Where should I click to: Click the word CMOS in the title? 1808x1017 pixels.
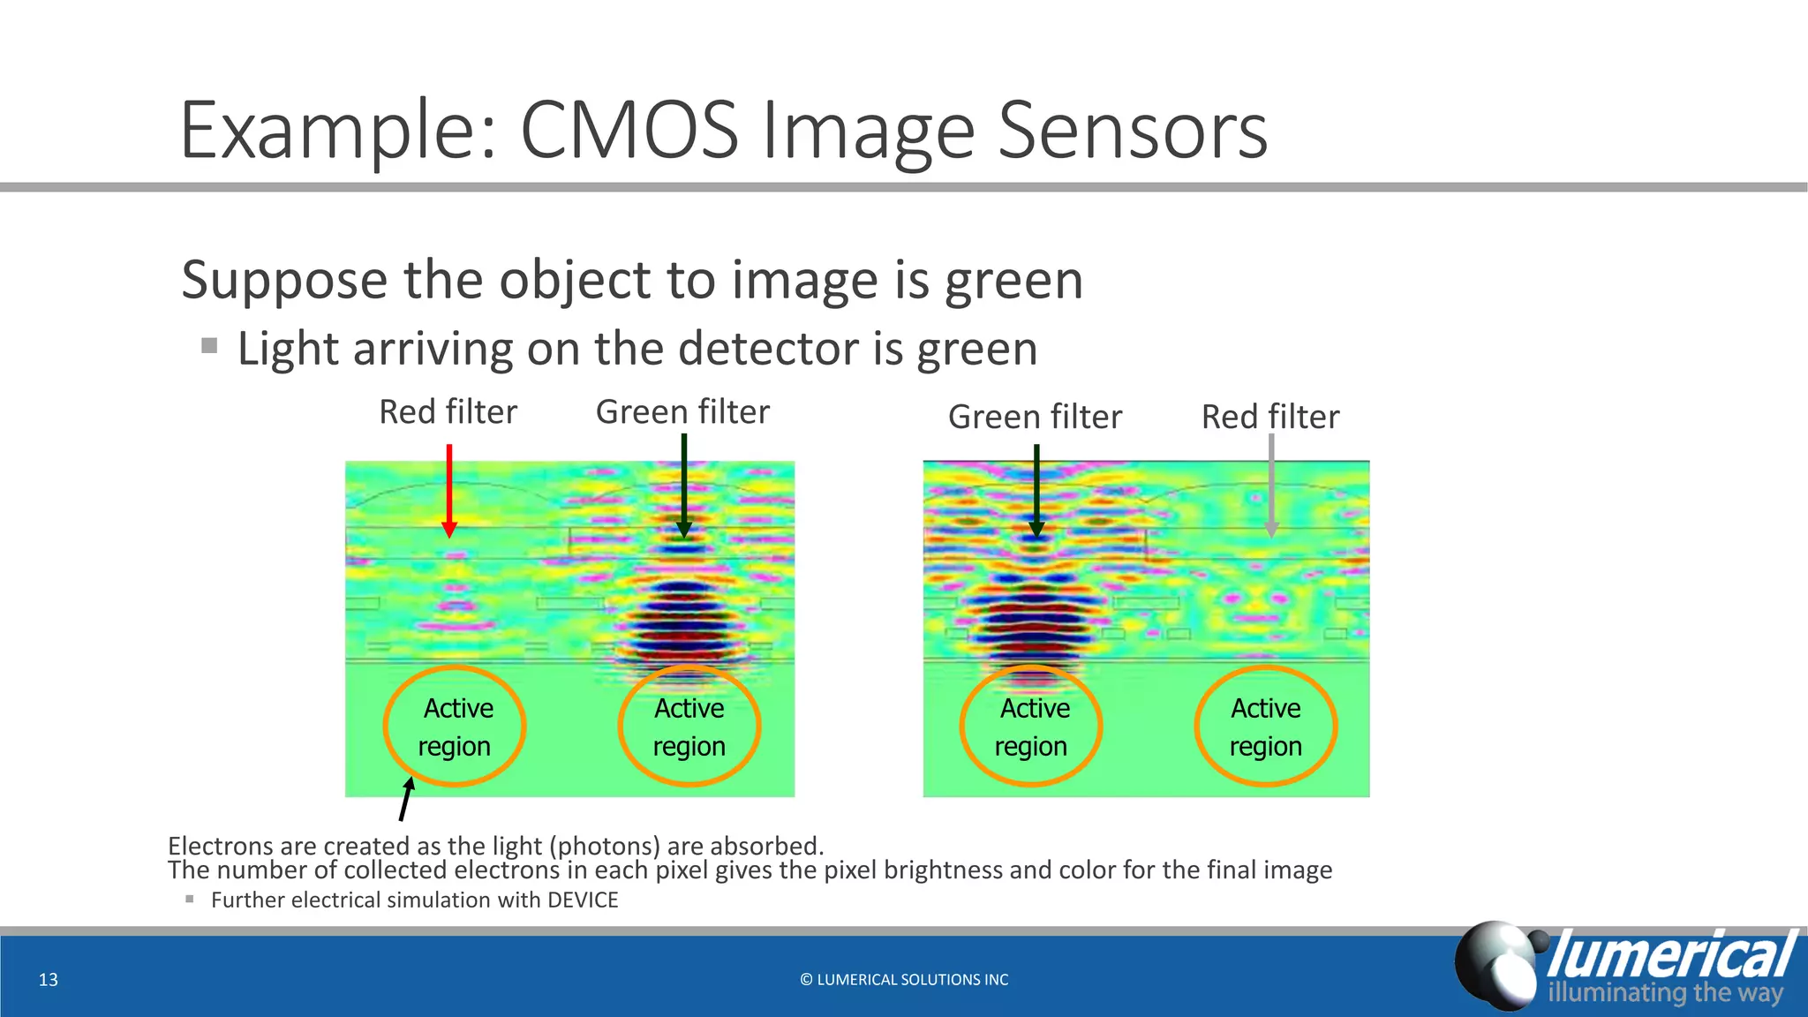tap(629, 131)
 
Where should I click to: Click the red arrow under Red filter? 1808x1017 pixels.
tap(449, 491)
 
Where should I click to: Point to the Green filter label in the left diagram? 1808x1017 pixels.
tap(682, 412)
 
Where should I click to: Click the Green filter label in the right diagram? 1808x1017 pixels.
tap(1035, 417)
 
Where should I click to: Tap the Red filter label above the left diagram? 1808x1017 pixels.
tap(448, 412)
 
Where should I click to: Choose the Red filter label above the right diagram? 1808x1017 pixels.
tap(1270, 417)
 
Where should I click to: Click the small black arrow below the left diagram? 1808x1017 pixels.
tap(406, 798)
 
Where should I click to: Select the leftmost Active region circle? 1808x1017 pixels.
tap(455, 727)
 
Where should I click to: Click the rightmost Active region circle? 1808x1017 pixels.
tap(1266, 727)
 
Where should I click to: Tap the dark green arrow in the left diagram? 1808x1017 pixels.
tap(684, 486)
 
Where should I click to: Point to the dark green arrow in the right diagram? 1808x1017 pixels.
tap(1037, 491)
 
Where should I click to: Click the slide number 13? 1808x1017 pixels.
tap(49, 979)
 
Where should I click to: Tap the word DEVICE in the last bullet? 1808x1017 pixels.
tap(583, 900)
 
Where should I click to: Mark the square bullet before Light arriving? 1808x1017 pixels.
tap(209, 345)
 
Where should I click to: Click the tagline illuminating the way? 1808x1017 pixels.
tap(1665, 992)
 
